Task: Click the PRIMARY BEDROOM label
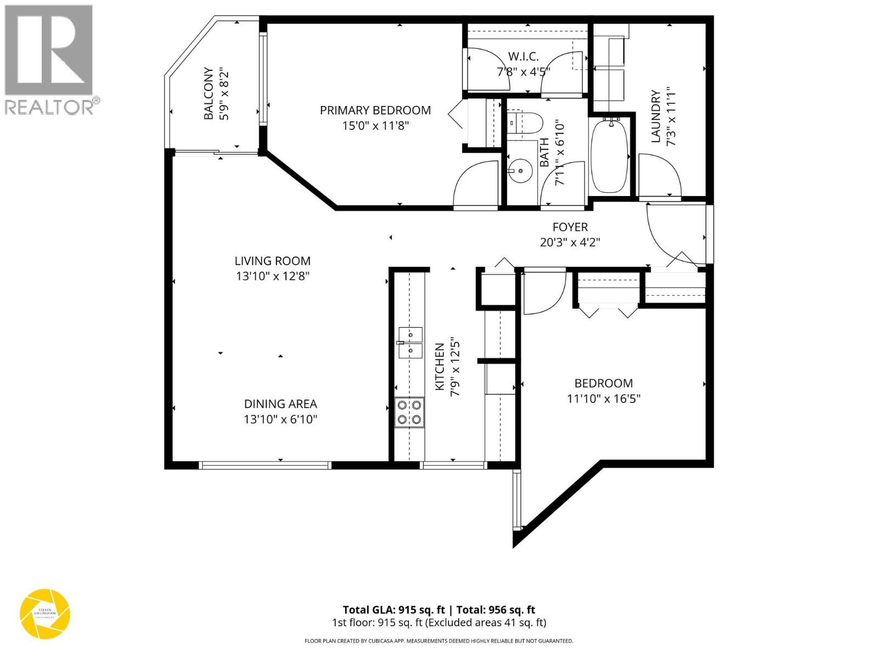(x=375, y=110)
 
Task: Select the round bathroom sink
(x=520, y=171)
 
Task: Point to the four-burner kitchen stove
(x=409, y=412)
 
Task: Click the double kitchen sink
(x=410, y=343)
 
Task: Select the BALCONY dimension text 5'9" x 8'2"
(x=223, y=94)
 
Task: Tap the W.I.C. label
(x=523, y=57)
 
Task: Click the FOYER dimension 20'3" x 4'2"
(x=570, y=242)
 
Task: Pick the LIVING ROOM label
(x=273, y=261)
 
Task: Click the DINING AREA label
(x=280, y=404)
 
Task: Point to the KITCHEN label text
(x=440, y=367)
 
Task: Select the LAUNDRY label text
(x=655, y=116)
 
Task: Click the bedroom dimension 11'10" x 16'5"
(x=604, y=398)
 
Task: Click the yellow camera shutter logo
(x=45, y=614)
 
